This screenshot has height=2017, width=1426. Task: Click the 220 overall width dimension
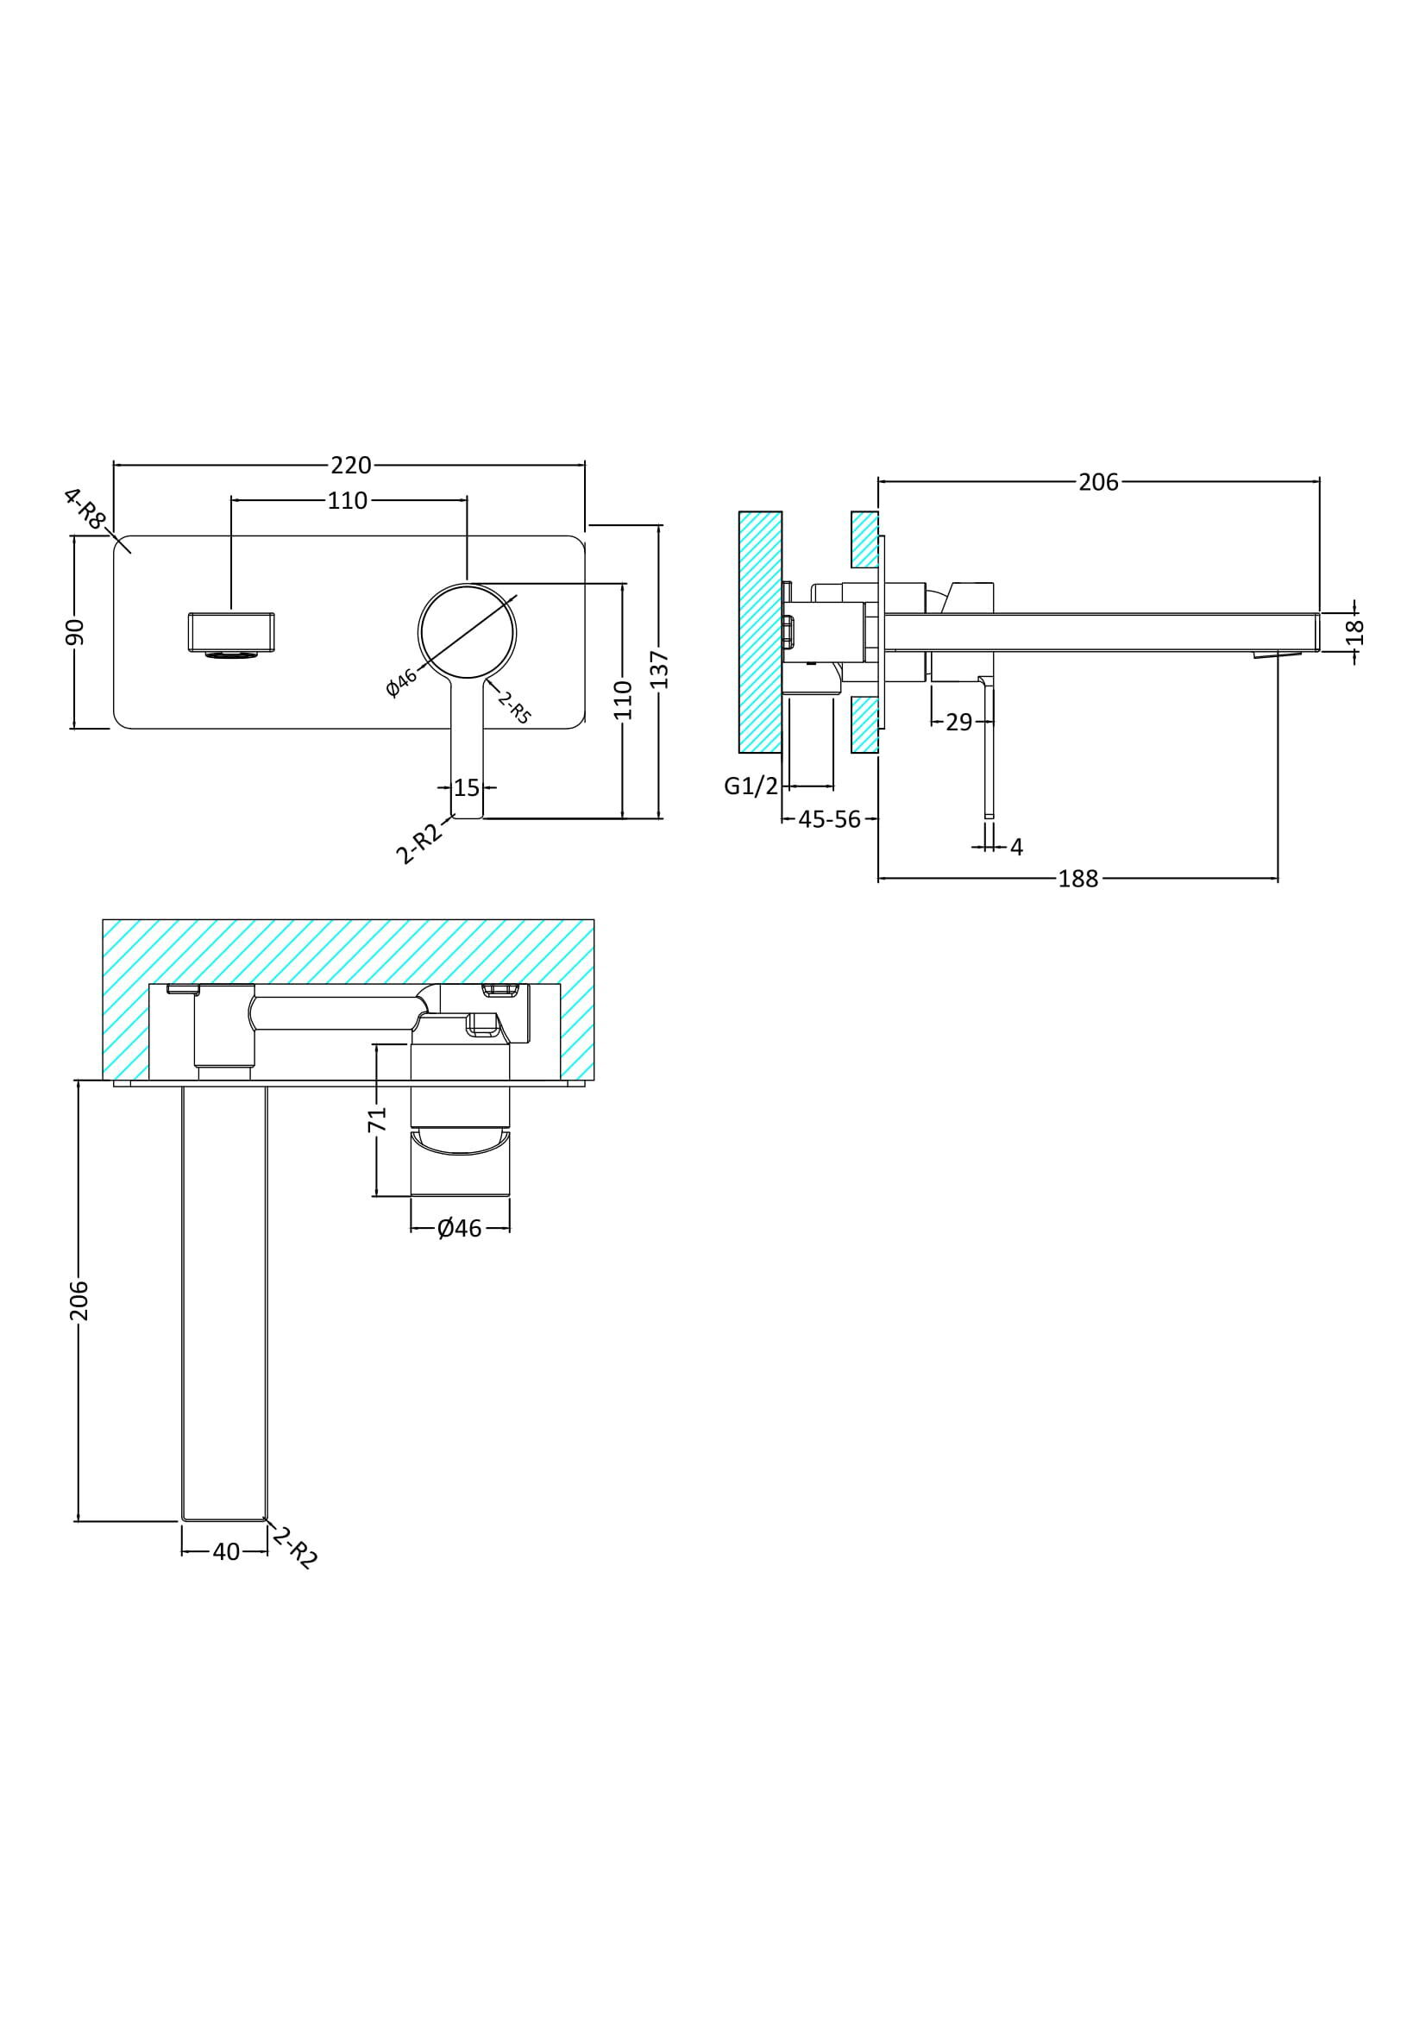(350, 465)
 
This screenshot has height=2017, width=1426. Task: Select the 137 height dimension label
(661, 669)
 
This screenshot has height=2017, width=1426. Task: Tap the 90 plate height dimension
(76, 631)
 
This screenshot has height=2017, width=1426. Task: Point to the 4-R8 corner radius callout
(85, 509)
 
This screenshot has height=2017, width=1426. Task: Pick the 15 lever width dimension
(467, 788)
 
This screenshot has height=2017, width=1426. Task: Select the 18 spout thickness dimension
(1356, 632)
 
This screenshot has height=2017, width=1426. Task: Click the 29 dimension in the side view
(959, 722)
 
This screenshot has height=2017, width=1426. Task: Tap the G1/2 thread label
(751, 786)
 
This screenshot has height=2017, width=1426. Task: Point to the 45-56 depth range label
(829, 819)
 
